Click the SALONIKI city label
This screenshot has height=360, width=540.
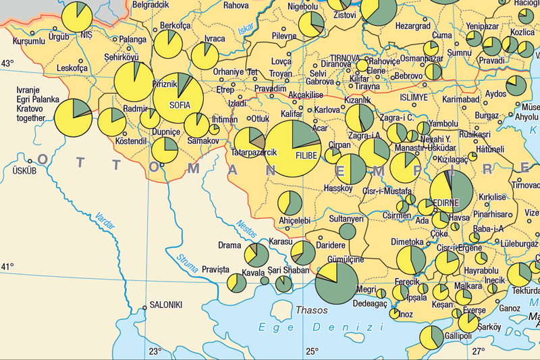point(166,305)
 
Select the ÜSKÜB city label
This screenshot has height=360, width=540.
point(24,172)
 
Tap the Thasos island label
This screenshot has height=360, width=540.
point(311,311)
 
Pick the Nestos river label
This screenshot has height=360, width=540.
point(248,230)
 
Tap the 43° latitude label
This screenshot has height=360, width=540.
point(7,63)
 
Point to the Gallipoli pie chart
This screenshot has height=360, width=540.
point(431,338)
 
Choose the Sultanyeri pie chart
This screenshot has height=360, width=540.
point(347,232)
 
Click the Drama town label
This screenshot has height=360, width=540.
point(230,245)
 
